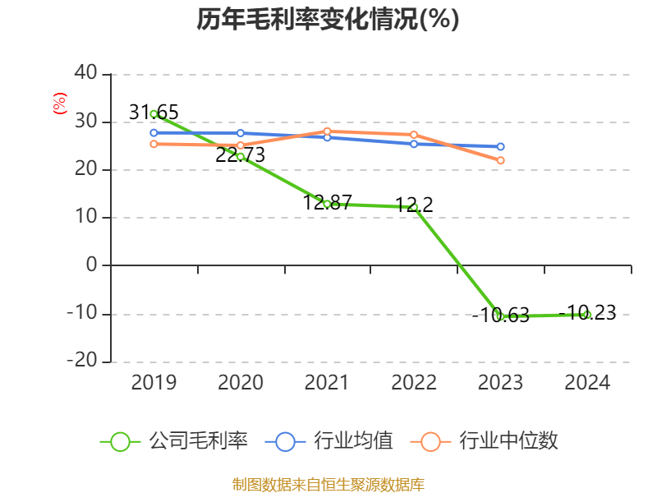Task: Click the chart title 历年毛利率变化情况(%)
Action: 328,20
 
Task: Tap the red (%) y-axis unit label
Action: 59,104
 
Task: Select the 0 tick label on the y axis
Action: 91,265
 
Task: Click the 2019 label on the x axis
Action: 154,382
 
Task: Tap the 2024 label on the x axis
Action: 587,382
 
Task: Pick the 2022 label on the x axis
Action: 414,382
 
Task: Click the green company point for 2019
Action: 154,114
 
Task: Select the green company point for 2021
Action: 327,204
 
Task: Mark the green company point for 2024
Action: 587,314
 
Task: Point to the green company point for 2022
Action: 414,207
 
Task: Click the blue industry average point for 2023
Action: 500,147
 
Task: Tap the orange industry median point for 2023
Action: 500,160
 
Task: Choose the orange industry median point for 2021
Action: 327,131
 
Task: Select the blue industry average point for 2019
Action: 154,132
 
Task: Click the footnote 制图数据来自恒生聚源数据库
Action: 328,484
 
